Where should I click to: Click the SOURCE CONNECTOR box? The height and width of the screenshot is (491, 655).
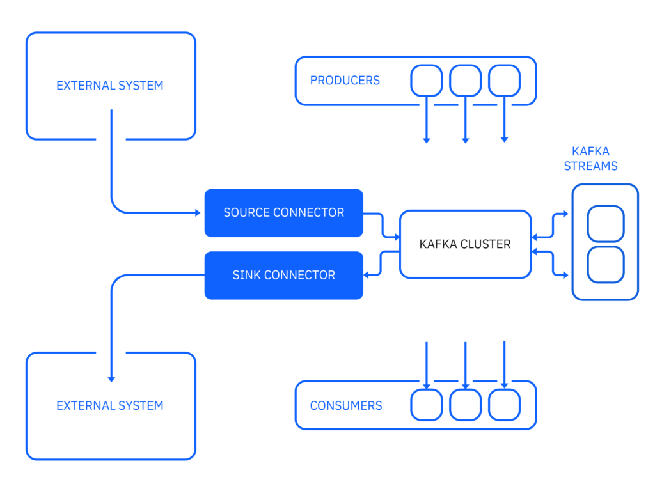283,213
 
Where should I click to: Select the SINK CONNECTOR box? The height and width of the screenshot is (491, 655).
283,275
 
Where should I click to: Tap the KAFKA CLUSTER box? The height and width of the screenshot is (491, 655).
466,244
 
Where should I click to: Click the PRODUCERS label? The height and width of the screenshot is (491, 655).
345,80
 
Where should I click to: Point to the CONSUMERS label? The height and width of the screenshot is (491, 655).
346,405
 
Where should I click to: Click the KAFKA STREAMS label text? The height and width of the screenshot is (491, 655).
590,159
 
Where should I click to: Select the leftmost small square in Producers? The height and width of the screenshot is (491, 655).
427,81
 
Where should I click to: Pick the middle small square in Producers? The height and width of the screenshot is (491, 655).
466,81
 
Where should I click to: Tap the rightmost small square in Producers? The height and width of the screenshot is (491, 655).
504,81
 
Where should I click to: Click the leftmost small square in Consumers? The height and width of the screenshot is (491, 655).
427,405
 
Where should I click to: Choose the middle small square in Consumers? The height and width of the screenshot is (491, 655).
466,405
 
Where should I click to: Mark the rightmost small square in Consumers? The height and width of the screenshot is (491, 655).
504,405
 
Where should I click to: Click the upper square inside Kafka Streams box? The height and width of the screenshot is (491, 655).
606,223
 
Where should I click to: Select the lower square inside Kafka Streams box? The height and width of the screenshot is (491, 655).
606,265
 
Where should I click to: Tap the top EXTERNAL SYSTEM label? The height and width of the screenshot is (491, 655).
110,86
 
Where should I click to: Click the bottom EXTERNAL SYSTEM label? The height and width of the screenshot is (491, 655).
110,406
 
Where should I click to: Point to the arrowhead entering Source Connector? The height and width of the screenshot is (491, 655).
198,213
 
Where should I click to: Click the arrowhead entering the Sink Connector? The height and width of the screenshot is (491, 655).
366,275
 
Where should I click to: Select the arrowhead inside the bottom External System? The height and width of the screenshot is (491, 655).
111,379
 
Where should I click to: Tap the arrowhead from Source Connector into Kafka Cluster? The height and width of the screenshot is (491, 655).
397,237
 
